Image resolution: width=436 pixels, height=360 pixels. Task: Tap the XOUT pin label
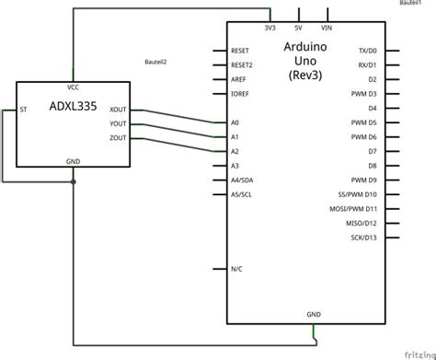click(x=118, y=109)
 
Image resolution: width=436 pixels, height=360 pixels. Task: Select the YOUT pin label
click(x=118, y=122)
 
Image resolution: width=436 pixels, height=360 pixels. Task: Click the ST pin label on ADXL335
click(x=24, y=109)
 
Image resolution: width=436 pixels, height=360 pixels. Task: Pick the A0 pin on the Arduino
click(x=235, y=122)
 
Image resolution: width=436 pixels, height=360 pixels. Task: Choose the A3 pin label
click(x=235, y=165)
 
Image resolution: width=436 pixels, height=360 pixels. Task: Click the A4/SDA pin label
click(x=242, y=180)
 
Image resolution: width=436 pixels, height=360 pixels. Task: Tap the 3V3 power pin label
click(x=270, y=29)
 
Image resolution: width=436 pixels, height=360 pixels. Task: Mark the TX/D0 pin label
click(x=366, y=52)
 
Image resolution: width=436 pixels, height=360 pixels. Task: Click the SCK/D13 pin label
click(x=364, y=237)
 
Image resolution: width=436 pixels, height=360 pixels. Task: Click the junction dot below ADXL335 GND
click(x=74, y=181)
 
